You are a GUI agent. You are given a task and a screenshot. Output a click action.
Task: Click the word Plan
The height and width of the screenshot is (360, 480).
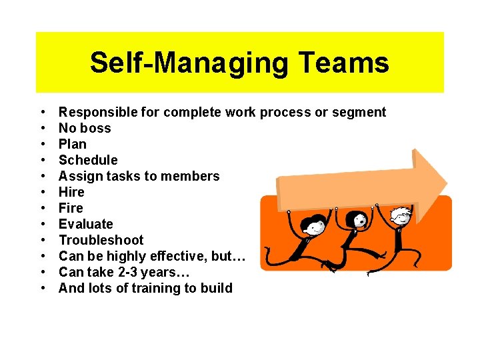coord(73,144)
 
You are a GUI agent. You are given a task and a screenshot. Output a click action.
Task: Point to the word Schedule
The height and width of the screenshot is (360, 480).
coord(88,160)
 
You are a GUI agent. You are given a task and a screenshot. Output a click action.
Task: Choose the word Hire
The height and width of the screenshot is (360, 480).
coord(71,192)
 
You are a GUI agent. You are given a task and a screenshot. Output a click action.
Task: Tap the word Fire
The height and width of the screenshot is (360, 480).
coord(71,208)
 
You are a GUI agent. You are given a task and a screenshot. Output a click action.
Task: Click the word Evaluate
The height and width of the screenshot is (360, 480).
coord(86,224)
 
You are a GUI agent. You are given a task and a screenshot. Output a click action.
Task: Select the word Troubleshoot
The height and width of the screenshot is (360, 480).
coord(101,240)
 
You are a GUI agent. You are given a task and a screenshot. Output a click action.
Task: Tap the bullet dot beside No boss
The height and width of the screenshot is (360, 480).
coord(43,128)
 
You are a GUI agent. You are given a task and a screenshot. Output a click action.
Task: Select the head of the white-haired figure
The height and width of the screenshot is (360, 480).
coord(401,217)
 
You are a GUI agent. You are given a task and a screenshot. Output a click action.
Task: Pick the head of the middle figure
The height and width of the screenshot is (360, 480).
coord(359,220)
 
